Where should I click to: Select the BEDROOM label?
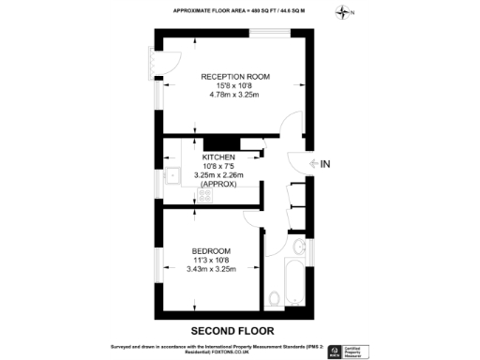tap(212, 250)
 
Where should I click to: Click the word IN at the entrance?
tap(326, 164)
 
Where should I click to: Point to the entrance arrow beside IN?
tap(314, 164)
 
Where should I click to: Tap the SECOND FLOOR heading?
tap(232, 331)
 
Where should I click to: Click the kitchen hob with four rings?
tap(174, 197)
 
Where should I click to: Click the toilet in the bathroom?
tap(274, 297)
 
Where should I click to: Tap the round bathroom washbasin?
tap(298, 247)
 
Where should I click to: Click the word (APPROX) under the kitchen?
tap(217, 185)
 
